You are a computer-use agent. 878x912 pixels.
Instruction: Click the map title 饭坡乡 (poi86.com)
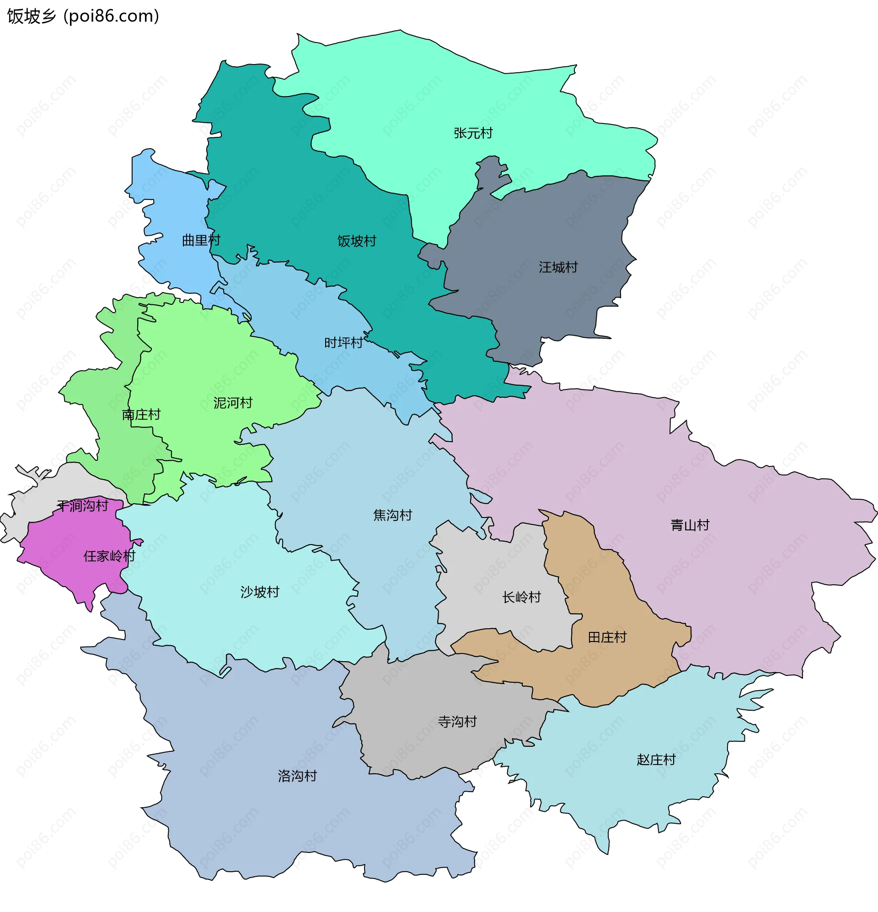pyautogui.click(x=83, y=16)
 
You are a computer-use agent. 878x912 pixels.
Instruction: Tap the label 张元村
pyautogui.click(x=473, y=133)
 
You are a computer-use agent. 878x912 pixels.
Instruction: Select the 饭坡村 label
pyautogui.click(x=357, y=241)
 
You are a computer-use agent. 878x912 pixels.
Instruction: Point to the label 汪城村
pyautogui.click(x=558, y=267)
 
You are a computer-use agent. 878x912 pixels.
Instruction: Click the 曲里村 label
pyautogui.click(x=201, y=240)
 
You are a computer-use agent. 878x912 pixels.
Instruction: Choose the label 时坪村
pyautogui.click(x=343, y=343)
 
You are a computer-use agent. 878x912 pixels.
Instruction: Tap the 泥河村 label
pyautogui.click(x=232, y=403)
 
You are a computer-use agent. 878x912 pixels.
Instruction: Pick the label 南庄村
pyautogui.click(x=141, y=415)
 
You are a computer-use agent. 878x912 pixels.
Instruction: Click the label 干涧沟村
pyautogui.click(x=83, y=506)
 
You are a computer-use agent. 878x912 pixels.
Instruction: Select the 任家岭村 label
pyautogui.click(x=109, y=556)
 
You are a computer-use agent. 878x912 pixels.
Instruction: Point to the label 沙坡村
pyautogui.click(x=259, y=592)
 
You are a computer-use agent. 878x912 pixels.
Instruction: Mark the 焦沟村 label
pyautogui.click(x=392, y=515)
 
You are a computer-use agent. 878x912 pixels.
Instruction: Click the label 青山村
pyautogui.click(x=690, y=525)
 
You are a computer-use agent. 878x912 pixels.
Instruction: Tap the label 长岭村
pyautogui.click(x=521, y=597)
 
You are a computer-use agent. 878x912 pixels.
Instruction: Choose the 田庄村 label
pyautogui.click(x=607, y=637)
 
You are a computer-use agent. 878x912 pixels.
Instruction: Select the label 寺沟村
pyautogui.click(x=457, y=722)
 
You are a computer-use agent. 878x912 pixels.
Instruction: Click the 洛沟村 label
pyautogui.click(x=297, y=776)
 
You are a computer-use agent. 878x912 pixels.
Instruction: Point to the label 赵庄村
pyautogui.click(x=656, y=760)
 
